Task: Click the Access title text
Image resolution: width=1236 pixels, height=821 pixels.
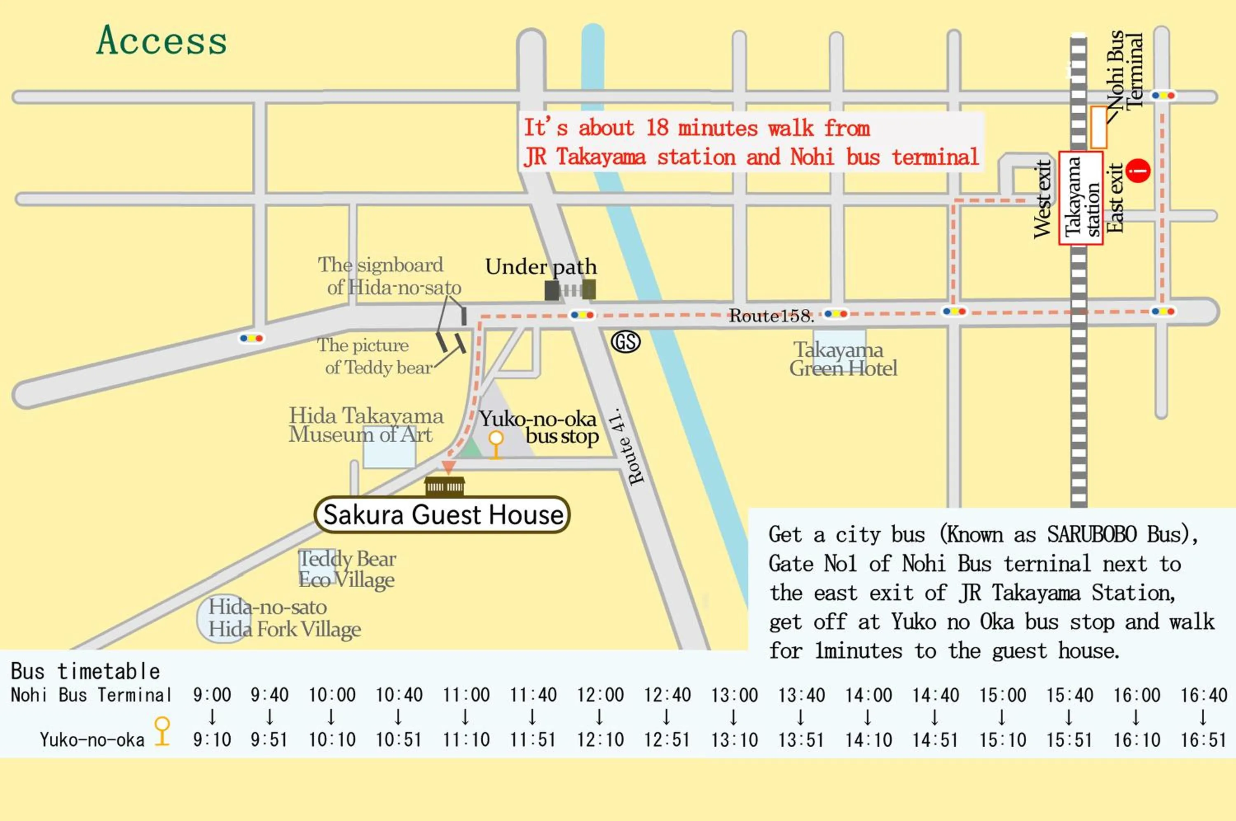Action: point(162,40)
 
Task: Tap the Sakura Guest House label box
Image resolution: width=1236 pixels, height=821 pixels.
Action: point(442,514)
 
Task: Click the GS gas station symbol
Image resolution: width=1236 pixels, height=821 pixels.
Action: point(626,342)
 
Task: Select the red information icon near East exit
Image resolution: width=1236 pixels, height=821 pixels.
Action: point(1138,171)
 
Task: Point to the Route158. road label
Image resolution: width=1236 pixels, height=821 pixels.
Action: point(771,316)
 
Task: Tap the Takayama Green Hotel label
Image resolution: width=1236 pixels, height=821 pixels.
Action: point(843,359)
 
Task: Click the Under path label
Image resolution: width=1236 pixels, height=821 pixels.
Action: point(541,267)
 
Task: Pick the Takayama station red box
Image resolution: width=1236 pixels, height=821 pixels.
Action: point(1081,198)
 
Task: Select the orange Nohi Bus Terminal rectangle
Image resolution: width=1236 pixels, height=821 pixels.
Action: point(1098,127)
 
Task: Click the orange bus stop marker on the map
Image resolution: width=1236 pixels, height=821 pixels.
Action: point(496,444)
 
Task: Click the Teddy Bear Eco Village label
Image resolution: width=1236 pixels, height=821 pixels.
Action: point(347,569)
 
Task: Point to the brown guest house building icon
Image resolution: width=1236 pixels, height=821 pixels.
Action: point(444,486)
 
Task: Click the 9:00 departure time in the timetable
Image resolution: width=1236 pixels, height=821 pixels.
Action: point(212,695)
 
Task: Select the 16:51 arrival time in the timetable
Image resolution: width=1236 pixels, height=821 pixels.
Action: point(1203,740)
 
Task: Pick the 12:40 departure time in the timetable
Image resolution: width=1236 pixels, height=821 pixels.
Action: point(667,695)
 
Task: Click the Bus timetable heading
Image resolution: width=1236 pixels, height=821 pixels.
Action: point(85,671)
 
